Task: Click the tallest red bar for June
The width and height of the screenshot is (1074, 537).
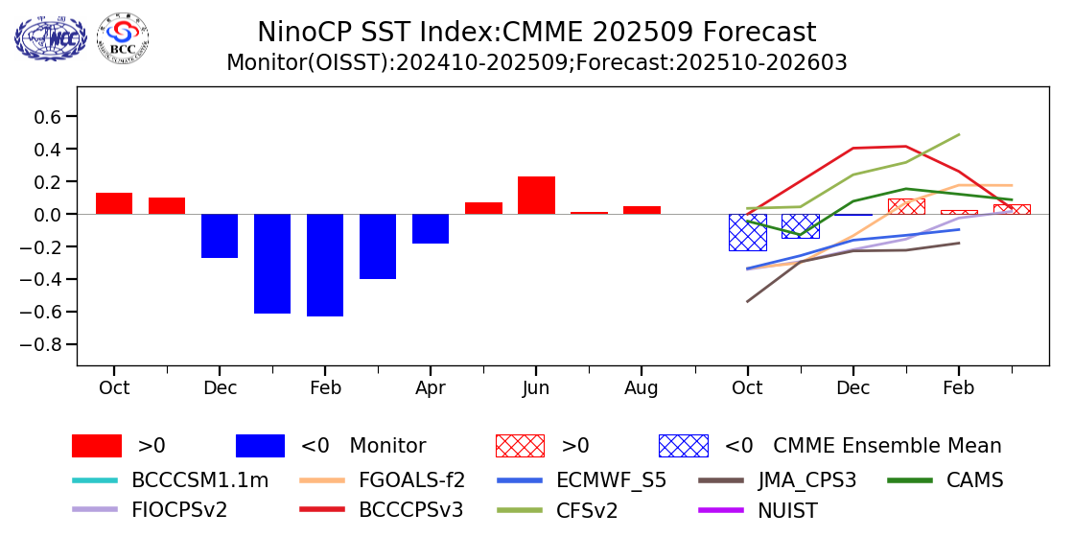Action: pos(536,196)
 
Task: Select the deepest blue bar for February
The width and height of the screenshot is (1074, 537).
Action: pos(325,265)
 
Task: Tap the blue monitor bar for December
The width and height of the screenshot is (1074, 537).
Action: pos(220,236)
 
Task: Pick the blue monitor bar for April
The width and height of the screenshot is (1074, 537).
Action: pos(431,229)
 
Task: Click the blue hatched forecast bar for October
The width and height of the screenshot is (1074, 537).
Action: pos(747,232)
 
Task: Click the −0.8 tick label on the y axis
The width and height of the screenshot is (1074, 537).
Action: pos(46,345)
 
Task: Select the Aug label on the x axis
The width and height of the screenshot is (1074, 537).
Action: pos(642,388)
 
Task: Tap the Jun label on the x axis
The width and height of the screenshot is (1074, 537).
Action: pos(536,388)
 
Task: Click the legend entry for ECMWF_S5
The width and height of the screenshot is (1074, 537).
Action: pos(611,480)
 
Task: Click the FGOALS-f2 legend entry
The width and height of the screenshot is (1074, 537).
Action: pos(412,480)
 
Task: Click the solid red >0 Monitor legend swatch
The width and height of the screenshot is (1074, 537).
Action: pos(97,446)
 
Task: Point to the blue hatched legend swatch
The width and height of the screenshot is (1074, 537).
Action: pos(683,446)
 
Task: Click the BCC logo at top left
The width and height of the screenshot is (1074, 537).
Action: pos(123,39)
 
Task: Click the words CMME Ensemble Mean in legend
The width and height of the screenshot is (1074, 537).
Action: pos(887,446)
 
